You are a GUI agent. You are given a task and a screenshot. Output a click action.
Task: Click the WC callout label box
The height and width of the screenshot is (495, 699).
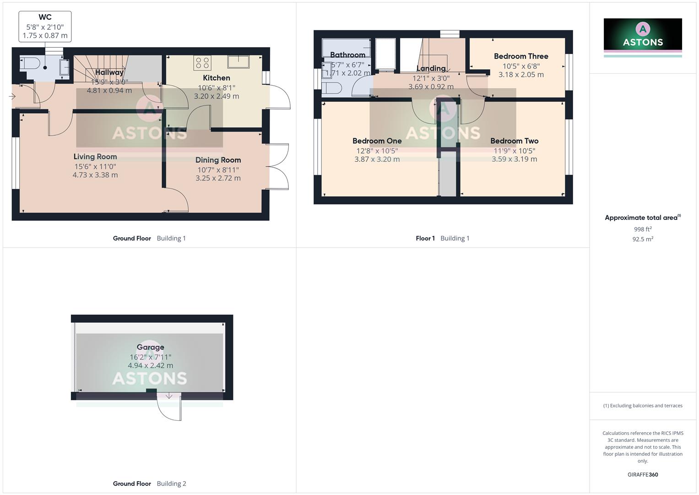click(45, 27)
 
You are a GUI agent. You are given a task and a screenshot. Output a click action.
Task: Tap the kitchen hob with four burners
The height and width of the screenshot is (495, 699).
click(202, 62)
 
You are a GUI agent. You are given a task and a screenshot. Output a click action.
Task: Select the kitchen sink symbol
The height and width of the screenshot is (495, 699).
click(238, 61)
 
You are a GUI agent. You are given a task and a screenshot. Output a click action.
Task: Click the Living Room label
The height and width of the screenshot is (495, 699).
click(95, 157)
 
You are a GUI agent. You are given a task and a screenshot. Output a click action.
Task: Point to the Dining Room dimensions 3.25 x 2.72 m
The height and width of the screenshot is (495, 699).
click(218, 178)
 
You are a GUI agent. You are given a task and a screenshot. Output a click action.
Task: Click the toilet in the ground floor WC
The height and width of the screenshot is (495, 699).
click(30, 63)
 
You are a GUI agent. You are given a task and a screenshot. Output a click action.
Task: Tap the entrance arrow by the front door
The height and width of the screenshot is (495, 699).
click(12, 96)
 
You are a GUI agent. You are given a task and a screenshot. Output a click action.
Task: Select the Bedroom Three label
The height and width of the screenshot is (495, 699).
click(521, 56)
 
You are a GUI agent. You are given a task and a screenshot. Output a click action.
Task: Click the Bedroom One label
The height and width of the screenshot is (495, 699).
click(377, 141)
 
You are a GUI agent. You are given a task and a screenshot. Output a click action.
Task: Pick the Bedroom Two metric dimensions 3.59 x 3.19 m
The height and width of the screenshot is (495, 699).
click(514, 159)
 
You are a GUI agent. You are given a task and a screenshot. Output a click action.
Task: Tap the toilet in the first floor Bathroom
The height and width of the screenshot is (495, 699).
click(331, 88)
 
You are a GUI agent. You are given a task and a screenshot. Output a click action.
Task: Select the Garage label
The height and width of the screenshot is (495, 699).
click(150, 347)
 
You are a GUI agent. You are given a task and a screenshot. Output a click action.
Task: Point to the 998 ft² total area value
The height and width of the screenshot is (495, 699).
click(643, 229)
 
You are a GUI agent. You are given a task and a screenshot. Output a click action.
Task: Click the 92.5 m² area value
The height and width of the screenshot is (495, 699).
click(643, 239)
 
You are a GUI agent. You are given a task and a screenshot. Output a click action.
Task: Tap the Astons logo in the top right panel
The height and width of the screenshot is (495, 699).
click(643, 34)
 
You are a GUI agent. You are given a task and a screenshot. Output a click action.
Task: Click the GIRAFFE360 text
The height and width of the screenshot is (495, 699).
click(643, 475)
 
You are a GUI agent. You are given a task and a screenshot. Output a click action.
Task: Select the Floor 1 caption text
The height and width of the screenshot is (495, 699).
click(425, 238)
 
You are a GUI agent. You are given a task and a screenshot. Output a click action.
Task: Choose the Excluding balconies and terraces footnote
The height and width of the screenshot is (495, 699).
click(643, 406)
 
